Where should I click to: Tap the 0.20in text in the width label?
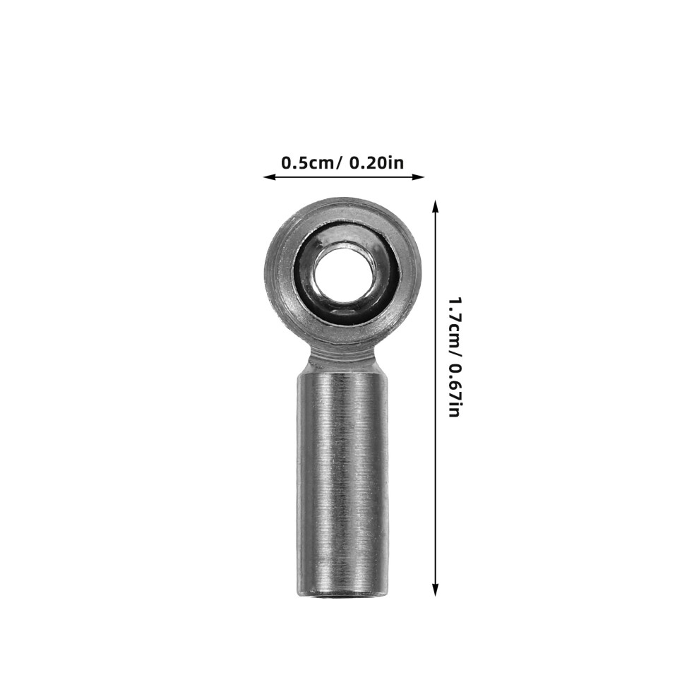376,162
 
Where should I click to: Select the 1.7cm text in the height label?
453,323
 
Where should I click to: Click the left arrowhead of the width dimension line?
268,177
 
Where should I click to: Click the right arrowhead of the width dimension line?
419,177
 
